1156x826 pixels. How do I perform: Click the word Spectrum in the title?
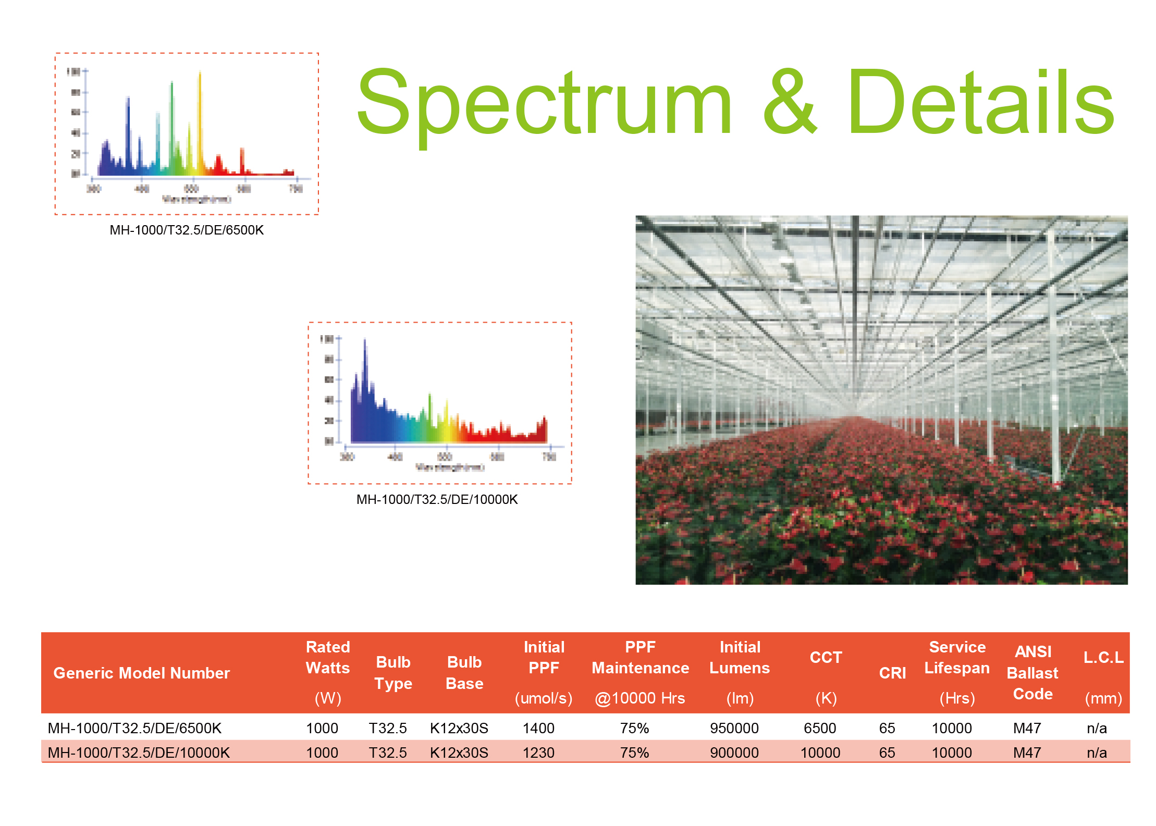coord(545,102)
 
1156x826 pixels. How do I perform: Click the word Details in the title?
coord(980,102)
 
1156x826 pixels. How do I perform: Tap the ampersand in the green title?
coord(790,102)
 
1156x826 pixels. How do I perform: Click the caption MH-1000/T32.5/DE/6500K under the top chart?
coord(187,230)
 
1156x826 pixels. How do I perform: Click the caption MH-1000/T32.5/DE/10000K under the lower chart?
coord(437,499)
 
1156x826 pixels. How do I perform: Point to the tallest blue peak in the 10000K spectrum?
coord(365,365)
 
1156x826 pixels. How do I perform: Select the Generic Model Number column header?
coord(141,673)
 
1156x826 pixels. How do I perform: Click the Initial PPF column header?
coord(544,658)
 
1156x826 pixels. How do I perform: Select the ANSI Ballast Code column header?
coord(1032,673)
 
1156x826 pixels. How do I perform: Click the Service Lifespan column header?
coord(957,658)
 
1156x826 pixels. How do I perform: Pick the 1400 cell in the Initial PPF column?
coord(538,728)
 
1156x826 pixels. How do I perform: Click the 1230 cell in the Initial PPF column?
coord(538,753)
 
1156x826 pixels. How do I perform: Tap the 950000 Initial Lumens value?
coord(734,728)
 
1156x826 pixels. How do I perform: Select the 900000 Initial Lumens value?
coord(734,753)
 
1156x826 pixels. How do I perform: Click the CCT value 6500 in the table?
coord(820,728)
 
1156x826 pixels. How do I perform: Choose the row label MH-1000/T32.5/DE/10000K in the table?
coord(139,753)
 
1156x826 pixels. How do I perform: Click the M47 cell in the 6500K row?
coord(1027,728)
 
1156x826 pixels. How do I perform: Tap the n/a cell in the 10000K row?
coord(1097,753)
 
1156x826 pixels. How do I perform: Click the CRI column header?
coord(892,673)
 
